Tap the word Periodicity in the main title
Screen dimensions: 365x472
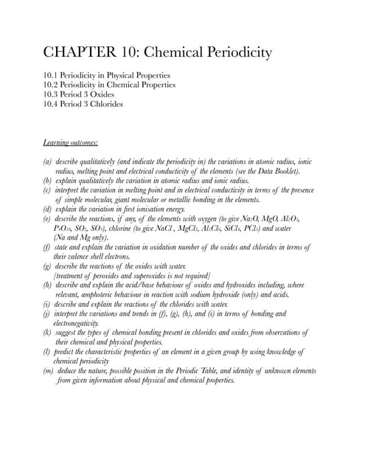233,53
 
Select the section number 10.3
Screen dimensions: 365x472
53,94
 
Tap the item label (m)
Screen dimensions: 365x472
49,371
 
